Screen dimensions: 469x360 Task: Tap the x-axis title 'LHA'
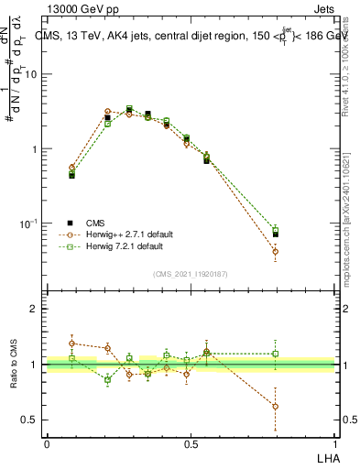[x=327, y=457]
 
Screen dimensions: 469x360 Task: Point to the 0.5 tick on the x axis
[x=191, y=443]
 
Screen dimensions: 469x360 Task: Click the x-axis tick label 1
[x=335, y=443]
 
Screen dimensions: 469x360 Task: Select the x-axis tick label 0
[x=47, y=443]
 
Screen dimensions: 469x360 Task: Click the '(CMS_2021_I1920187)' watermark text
[x=191, y=274]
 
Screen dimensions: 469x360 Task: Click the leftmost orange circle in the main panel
[x=71, y=168]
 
